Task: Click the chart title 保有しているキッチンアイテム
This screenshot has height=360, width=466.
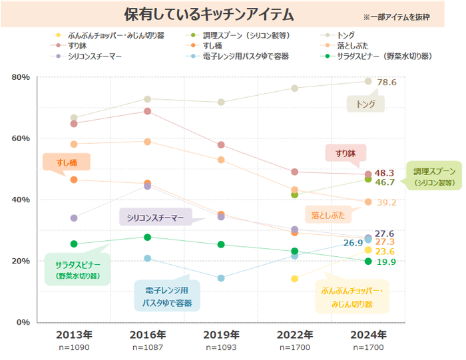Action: pyautogui.click(x=209, y=15)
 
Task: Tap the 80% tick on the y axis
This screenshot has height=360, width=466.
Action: pyautogui.click(x=21, y=77)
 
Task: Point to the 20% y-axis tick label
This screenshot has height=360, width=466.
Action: pyautogui.click(x=21, y=261)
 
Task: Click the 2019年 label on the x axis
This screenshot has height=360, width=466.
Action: pyautogui.click(x=222, y=334)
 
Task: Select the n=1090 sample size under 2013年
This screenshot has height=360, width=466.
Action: pyautogui.click(x=74, y=347)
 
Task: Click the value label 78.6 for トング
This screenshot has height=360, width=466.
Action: pyautogui.click(x=387, y=83)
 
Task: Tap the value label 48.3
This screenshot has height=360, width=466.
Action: pyautogui.click(x=385, y=173)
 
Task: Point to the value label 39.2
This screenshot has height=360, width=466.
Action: pyautogui.click(x=387, y=202)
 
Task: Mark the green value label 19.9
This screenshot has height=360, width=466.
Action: pyautogui.click(x=386, y=262)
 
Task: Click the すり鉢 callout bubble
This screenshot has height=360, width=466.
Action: pyautogui.click(x=345, y=153)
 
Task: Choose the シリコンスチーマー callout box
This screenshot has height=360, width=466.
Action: pyautogui.click(x=155, y=218)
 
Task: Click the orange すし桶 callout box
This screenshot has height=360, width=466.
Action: pyautogui.click(x=65, y=162)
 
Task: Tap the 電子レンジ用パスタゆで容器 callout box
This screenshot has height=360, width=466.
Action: pyautogui.click(x=166, y=297)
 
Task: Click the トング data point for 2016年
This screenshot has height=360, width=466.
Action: pyautogui.click(x=148, y=99)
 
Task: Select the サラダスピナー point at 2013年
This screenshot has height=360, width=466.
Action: pyautogui.click(x=74, y=244)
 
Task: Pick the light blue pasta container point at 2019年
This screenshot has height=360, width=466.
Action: pyautogui.click(x=222, y=278)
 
